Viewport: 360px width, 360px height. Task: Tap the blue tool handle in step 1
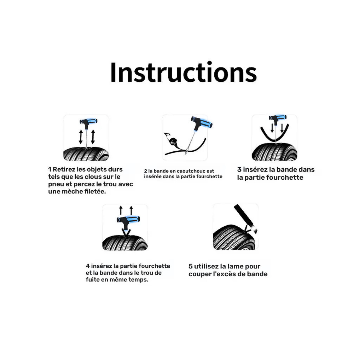(89, 121)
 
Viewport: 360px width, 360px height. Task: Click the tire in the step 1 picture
(86, 154)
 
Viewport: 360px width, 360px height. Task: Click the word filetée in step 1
(95, 191)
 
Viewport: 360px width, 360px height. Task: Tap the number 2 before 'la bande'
(146, 171)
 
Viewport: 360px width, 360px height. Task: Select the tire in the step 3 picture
(274, 152)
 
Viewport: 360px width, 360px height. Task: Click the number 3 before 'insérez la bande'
(239, 170)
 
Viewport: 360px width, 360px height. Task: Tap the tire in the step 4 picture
(125, 243)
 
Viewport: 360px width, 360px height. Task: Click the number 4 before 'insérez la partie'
(88, 266)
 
